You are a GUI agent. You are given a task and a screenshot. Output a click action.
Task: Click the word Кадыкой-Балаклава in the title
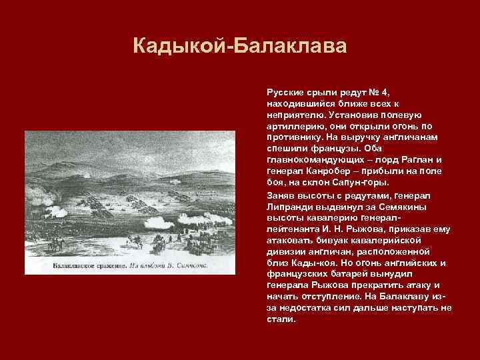point(240,47)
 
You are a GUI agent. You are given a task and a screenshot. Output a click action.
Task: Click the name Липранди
point(288,206)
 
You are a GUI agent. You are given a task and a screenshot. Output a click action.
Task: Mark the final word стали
point(281,320)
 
